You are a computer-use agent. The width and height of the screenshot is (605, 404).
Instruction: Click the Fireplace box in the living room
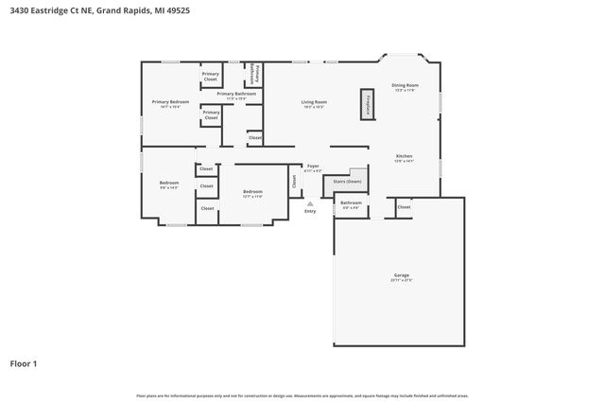(x=367, y=104)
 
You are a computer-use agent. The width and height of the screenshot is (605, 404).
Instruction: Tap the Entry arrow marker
(x=310, y=202)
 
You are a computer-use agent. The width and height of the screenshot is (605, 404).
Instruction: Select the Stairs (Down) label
(x=347, y=181)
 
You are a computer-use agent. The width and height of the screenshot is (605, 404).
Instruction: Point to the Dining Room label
(x=406, y=86)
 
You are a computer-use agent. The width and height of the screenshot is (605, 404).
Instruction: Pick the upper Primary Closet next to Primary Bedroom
(x=211, y=77)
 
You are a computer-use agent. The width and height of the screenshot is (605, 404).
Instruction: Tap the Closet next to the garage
(x=404, y=206)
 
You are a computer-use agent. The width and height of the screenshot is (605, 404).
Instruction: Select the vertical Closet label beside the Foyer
(x=294, y=181)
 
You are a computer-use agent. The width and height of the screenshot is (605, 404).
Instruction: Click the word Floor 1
(x=24, y=363)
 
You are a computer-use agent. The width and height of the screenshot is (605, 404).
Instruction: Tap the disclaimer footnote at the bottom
(x=302, y=395)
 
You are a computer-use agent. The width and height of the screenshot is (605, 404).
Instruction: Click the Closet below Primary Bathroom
(x=254, y=138)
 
